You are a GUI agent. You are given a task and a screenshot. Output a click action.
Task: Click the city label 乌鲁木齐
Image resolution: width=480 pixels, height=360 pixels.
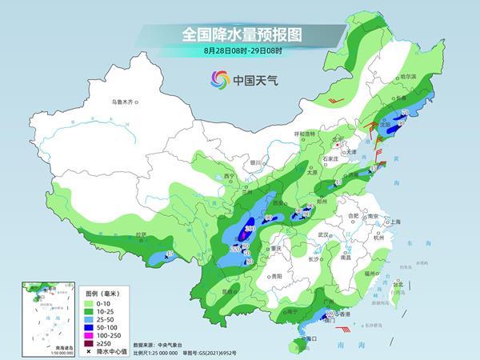pyautogui.click(x=126, y=102)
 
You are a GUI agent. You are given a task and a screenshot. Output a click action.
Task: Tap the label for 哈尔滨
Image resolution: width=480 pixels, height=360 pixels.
pyautogui.click(x=409, y=76)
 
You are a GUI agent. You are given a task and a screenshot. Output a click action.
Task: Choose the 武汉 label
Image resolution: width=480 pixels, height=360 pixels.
pyautogui.click(x=323, y=234)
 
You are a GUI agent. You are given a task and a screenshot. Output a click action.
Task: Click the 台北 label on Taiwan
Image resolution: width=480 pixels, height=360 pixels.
pyautogui.click(x=397, y=282)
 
